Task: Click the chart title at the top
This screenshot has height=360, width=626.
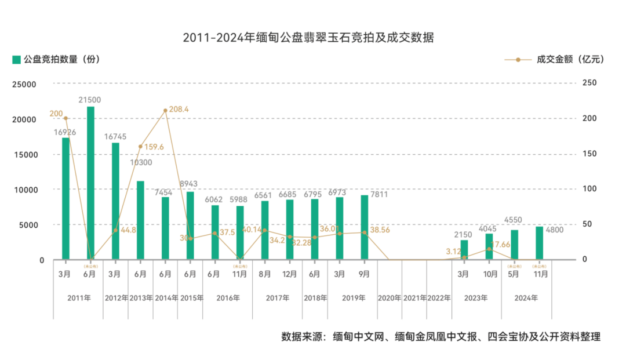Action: point(308,38)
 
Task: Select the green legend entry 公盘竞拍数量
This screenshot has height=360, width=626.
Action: point(56,60)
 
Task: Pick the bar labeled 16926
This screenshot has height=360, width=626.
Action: point(65,198)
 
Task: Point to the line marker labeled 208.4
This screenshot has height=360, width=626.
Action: point(165,110)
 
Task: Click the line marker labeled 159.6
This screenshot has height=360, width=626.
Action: point(140,147)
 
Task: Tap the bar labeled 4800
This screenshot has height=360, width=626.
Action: point(539,243)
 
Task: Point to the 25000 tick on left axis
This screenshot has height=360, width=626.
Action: point(25,84)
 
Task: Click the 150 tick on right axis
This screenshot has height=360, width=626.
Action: point(590,154)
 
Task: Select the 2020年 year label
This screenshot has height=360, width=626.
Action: point(389,298)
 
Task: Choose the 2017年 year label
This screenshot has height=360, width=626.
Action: point(278,298)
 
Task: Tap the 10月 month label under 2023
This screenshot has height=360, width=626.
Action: point(489,273)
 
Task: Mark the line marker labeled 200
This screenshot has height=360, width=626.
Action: point(65,118)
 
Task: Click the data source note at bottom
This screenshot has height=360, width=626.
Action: point(441,337)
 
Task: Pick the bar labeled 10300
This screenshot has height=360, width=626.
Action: point(140,220)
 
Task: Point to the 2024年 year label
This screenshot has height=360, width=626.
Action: point(526,298)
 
